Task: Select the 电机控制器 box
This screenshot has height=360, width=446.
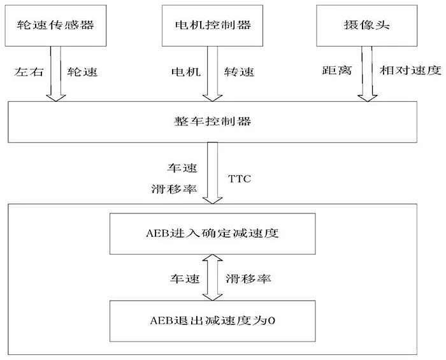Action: [212, 25]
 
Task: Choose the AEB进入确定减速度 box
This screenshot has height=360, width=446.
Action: [212, 234]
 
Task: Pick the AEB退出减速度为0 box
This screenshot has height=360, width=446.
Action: [212, 320]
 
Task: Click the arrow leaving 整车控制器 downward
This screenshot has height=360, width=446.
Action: [212, 172]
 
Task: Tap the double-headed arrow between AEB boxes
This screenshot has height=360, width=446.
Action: [212, 278]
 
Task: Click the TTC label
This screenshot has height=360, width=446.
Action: [240, 179]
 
